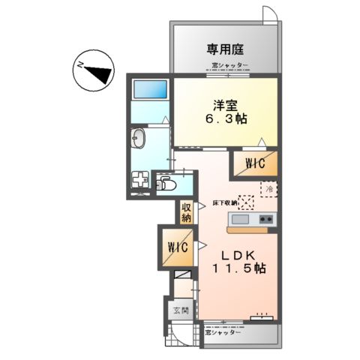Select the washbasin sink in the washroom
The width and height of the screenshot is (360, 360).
click(x=139, y=138)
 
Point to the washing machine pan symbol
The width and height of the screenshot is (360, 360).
click(x=140, y=181)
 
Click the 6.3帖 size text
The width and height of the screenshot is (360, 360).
click(x=225, y=119)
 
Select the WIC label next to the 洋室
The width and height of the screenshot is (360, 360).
click(x=255, y=162)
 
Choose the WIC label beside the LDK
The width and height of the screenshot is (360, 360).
click(x=177, y=247)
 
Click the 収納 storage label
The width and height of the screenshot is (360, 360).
click(x=186, y=212)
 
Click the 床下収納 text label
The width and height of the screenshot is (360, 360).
click(x=224, y=202)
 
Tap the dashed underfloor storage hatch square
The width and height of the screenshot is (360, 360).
click(x=245, y=201)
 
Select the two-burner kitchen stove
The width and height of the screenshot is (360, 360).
click(x=265, y=219)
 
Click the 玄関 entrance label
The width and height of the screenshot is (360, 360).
click(x=173, y=309)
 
